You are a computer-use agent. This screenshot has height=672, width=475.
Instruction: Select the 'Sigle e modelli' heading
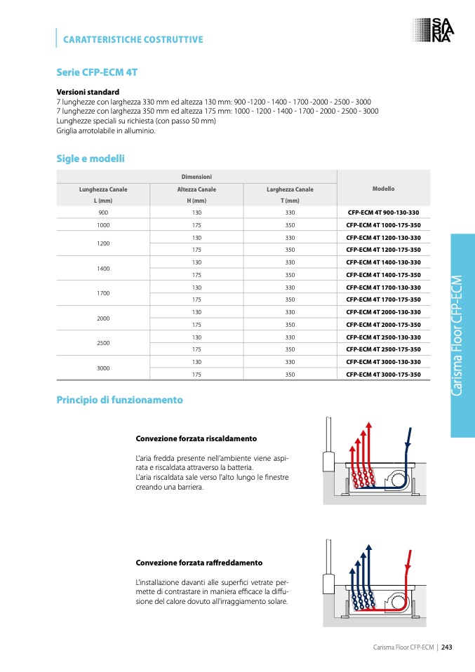[91, 159]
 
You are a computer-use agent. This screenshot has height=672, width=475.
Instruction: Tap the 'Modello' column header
[383, 189]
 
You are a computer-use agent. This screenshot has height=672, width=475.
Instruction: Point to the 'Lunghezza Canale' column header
[103, 189]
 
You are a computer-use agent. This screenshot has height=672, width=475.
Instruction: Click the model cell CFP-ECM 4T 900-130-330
[383, 212]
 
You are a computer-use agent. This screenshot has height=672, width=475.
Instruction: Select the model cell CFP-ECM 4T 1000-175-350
[383, 225]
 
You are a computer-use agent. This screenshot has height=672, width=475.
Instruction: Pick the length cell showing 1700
[103, 293]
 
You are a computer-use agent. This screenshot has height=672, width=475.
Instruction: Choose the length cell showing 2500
[103, 343]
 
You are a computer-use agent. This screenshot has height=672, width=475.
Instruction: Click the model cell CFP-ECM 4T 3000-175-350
[383, 375]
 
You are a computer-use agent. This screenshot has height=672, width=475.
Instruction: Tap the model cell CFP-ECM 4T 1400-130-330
[383, 262]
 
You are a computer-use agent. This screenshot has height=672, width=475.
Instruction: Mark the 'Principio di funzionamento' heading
[119, 400]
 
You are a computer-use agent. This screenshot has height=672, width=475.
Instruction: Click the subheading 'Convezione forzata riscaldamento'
[196, 438]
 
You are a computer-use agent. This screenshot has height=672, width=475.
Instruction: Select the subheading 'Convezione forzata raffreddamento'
[199, 563]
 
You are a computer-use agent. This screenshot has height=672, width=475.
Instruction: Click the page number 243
[446, 647]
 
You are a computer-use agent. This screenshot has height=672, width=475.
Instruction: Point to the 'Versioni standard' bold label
[88, 92]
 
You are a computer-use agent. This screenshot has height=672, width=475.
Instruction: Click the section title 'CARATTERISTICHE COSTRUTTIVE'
[133, 39]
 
